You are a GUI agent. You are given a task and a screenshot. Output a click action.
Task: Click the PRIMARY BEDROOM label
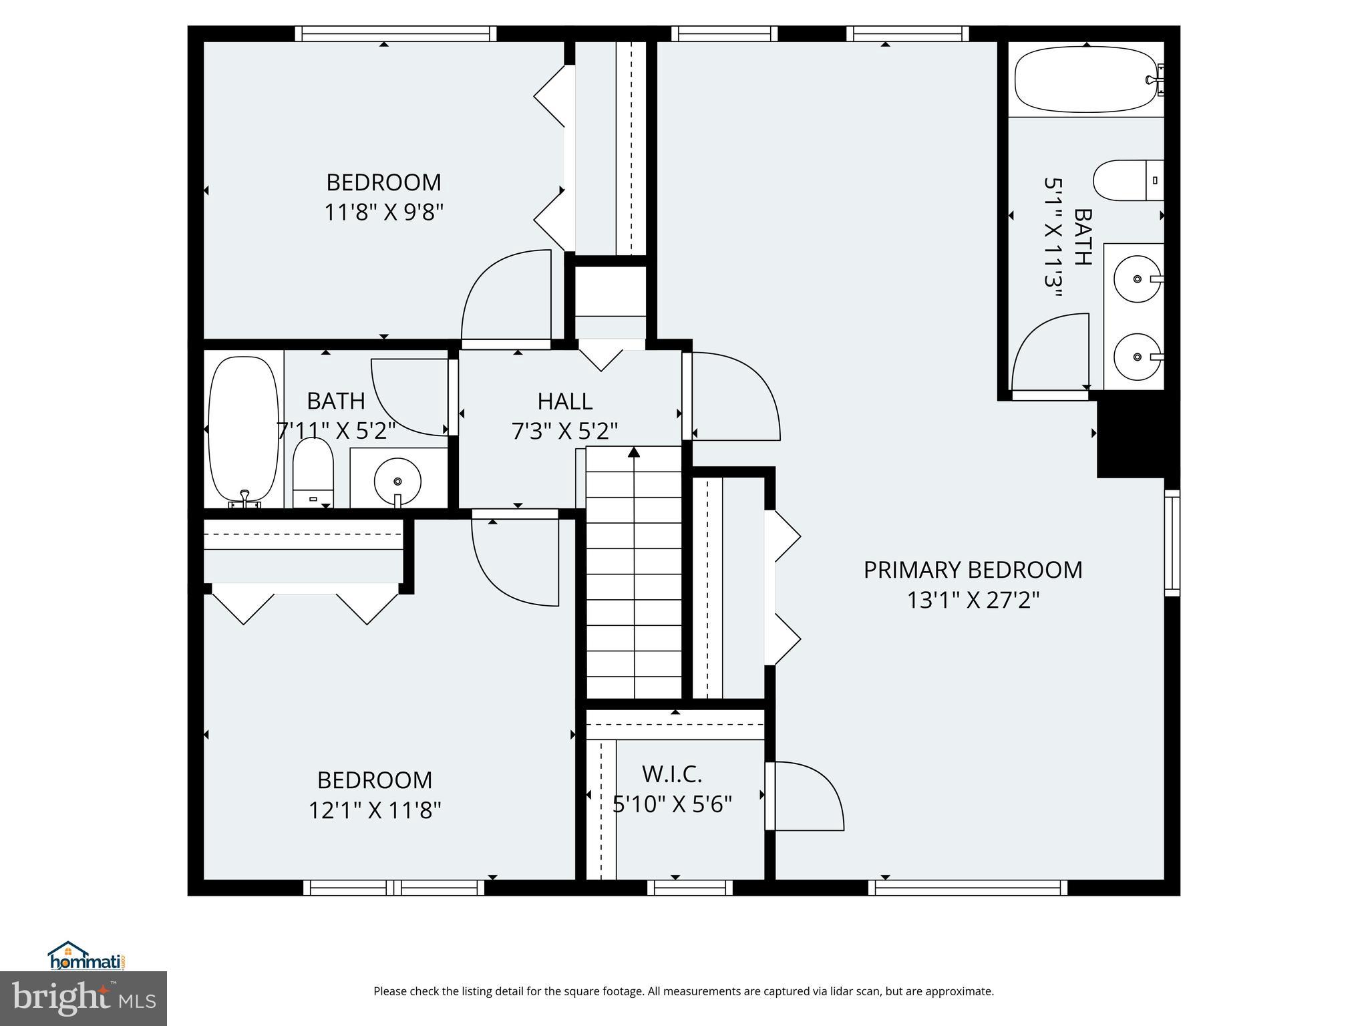(x=973, y=570)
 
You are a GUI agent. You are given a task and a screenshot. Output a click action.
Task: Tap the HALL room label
(x=564, y=401)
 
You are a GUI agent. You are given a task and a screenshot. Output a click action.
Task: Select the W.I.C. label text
(x=672, y=774)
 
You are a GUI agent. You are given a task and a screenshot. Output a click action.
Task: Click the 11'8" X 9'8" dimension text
(x=383, y=212)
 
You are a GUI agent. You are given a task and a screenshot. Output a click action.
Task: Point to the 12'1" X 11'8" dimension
(x=374, y=810)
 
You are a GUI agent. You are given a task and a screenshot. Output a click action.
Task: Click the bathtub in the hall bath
(x=243, y=431)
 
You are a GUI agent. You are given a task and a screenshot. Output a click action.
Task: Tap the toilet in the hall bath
(x=313, y=471)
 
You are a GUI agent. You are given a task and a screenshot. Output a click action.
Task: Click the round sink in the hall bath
(x=397, y=480)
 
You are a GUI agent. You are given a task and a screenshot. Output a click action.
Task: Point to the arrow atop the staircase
(x=634, y=453)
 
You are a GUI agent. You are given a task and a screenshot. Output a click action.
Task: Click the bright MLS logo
(x=83, y=999)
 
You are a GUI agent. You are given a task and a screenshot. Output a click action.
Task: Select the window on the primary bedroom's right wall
(x=1172, y=542)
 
